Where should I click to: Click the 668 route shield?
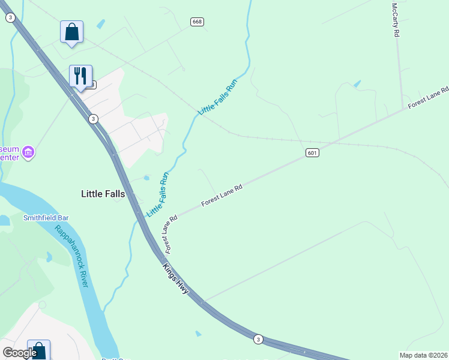[x=197, y=22]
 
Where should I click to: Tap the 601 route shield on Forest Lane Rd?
[x=311, y=153]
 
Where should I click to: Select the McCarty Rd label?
[x=395, y=20]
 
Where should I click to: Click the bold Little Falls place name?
[x=103, y=194]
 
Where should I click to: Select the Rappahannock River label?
[x=71, y=256]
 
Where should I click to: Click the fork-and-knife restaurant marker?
[x=80, y=76]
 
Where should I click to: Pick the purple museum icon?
[x=28, y=153]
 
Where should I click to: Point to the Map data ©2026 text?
[x=423, y=355]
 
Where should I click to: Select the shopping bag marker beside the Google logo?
[x=38, y=350]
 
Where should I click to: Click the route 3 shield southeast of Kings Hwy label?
[x=258, y=339]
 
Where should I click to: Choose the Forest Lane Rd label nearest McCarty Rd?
[x=428, y=98]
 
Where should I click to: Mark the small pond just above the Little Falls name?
[x=146, y=178]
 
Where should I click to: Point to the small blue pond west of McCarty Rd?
[x=358, y=84]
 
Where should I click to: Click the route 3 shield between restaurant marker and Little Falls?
[x=93, y=119]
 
